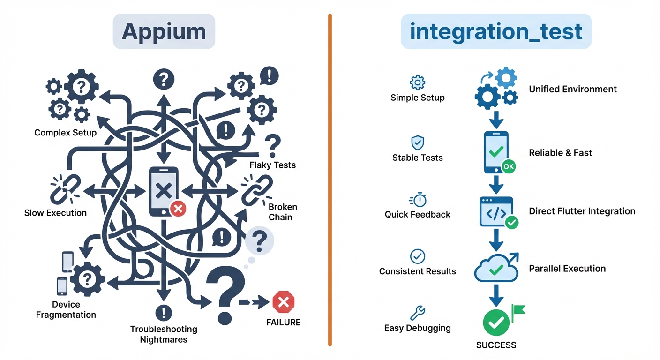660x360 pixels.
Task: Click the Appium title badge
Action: click(164, 32)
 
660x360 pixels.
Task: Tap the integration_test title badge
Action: click(496, 32)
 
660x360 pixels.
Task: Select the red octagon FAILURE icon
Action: click(283, 302)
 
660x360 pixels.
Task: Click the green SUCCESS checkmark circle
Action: click(496, 322)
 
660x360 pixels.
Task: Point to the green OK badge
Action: click(508, 166)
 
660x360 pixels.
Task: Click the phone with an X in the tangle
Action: click(164, 191)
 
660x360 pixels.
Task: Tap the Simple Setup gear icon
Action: click(417, 82)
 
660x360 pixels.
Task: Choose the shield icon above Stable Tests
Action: click(417, 142)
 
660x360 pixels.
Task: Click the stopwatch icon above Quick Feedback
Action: click(418, 200)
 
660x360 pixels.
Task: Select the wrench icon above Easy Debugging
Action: click(417, 312)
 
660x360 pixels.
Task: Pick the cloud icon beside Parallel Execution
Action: click(496, 269)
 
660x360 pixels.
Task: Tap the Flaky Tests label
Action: click(272, 165)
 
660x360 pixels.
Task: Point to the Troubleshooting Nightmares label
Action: click(164, 334)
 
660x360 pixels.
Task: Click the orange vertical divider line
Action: click(330, 180)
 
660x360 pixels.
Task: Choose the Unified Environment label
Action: click(572, 89)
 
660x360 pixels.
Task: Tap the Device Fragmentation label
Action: click(66, 310)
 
